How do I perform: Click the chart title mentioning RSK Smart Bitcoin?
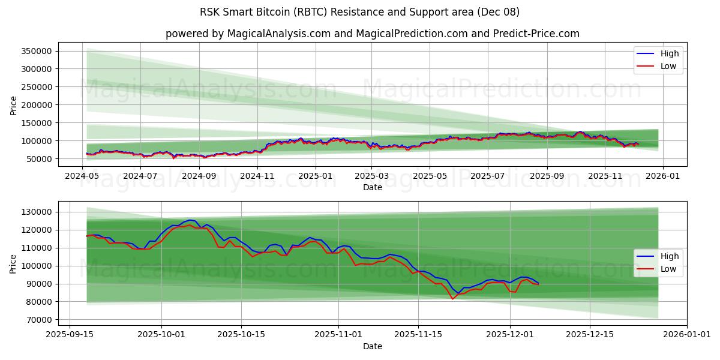click(x=360, y=12)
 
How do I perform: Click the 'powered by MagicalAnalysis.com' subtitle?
click(x=372, y=34)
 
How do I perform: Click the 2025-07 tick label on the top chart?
click(x=487, y=176)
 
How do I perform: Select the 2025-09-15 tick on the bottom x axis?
click(x=70, y=335)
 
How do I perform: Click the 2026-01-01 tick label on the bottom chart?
click(x=687, y=335)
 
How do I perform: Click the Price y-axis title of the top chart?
click(x=13, y=105)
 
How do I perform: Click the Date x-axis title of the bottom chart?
click(x=372, y=346)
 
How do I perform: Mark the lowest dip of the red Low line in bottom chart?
click(x=453, y=299)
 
